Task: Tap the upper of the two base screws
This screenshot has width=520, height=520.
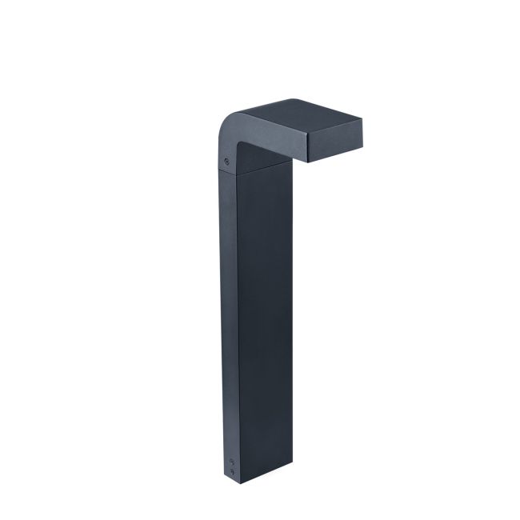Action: pos(233,461)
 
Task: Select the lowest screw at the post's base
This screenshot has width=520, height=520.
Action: pos(233,472)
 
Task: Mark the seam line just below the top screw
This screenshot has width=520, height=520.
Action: pos(228,170)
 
